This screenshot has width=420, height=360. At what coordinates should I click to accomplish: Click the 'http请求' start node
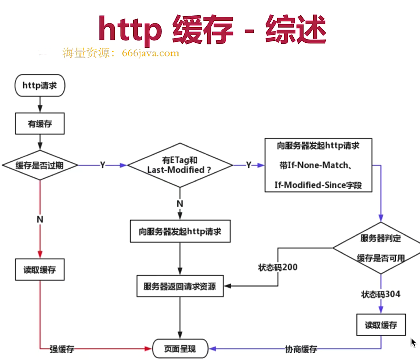[x=40, y=85]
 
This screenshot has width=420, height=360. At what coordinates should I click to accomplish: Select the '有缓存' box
[x=40, y=124]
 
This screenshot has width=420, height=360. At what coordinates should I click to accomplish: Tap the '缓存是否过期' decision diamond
[x=40, y=165]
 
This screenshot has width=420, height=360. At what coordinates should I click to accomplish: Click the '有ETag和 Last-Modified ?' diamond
[x=180, y=165]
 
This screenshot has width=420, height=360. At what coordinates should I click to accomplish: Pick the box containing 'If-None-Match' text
[x=318, y=165]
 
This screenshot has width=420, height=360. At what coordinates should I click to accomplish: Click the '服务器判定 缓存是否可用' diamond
[x=380, y=248]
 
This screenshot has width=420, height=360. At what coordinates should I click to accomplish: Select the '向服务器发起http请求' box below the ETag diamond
[x=180, y=232]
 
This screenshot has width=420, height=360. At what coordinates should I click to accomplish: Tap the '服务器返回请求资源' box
[x=180, y=286]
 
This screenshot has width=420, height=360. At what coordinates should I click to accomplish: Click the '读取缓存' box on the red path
[x=40, y=270]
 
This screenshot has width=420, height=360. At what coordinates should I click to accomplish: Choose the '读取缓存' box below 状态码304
[x=381, y=325]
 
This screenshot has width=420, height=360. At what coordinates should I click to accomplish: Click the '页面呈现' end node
[x=180, y=349]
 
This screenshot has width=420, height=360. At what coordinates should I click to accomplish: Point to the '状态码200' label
[x=278, y=267]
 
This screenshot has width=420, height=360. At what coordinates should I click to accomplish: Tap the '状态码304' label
[x=380, y=294]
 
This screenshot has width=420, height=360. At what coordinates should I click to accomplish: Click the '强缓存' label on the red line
[x=62, y=349]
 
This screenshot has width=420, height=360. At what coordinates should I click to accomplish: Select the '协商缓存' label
[x=301, y=349]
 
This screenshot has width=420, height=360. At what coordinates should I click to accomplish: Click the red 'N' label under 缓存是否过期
[x=40, y=219]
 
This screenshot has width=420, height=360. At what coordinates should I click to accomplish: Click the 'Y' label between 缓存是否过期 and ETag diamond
[x=103, y=165]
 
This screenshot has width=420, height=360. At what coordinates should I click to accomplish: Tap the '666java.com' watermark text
[x=150, y=53]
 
